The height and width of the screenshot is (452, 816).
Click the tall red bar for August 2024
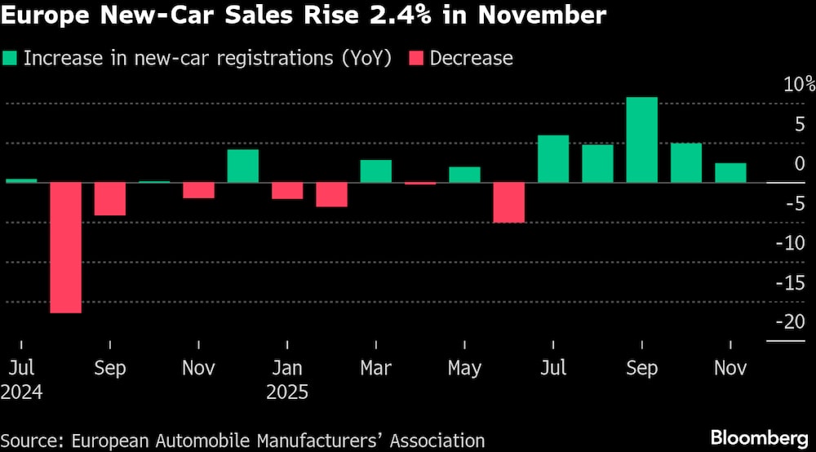pyautogui.click(x=66, y=247)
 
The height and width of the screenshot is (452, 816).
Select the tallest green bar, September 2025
pyautogui.click(x=641, y=140)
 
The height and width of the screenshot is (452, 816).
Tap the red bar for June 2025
pyautogui.click(x=508, y=202)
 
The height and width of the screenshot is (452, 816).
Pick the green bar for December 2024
pyautogui.click(x=242, y=166)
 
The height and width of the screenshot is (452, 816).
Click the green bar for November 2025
pyautogui.click(x=730, y=172)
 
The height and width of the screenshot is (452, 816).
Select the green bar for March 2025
pyautogui.click(x=375, y=171)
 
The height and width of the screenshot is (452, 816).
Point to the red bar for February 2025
pyautogui.click(x=331, y=194)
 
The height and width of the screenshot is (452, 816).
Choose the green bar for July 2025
pyautogui.click(x=553, y=158)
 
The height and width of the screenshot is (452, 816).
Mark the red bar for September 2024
pyautogui.click(x=110, y=199)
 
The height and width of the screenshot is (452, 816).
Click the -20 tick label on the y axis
pyautogui.click(x=792, y=322)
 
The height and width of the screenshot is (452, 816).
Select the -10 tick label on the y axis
pyautogui.click(x=792, y=243)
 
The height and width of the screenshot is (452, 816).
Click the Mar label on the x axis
pyautogui.click(x=375, y=369)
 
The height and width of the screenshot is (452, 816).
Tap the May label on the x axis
pyautogui.click(x=464, y=369)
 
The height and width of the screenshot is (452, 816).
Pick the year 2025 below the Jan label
pyautogui.click(x=287, y=392)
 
